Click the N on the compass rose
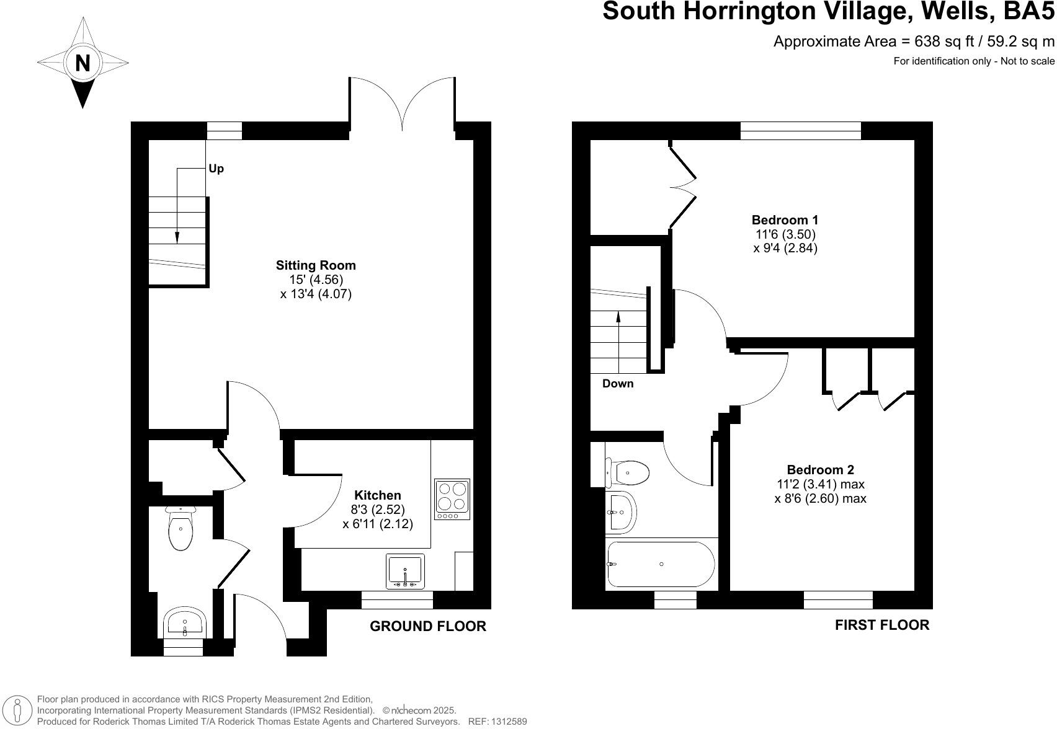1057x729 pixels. coord(83,63)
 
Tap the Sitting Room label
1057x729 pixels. coord(316,265)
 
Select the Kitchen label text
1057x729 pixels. coord(377,495)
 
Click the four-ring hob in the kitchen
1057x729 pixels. coord(452,498)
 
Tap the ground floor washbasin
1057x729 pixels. coord(185,622)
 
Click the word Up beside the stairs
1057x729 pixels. coord(216,169)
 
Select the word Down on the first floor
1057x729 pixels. coord(618,384)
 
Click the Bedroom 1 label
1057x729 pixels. coord(785,220)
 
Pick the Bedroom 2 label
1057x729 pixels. coord(820,470)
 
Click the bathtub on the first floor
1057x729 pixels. coord(661,564)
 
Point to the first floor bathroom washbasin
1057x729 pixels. coord(620,513)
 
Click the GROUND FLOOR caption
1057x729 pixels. coord(428,626)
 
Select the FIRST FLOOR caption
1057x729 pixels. coord(882,625)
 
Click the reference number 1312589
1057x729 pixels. coord(509,722)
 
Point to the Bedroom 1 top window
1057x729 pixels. coord(801,130)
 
